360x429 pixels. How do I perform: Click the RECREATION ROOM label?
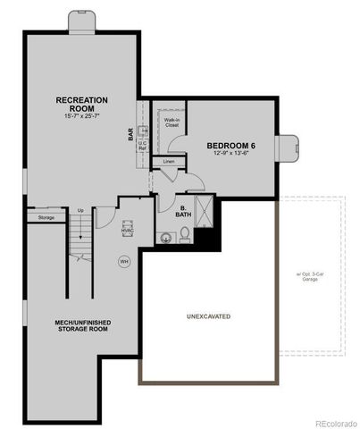click(x=82, y=104)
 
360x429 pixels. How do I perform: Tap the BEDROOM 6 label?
click(x=231, y=146)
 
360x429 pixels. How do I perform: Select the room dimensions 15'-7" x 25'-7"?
click(x=82, y=117)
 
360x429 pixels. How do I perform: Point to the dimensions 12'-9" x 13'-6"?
click(x=231, y=154)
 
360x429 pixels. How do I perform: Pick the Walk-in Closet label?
click(x=172, y=122)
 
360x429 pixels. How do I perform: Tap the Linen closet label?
click(x=169, y=162)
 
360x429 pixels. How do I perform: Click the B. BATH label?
click(x=182, y=211)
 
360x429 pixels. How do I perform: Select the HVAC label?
click(x=126, y=229)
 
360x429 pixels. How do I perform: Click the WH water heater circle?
click(x=124, y=261)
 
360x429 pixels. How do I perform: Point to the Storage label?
click(x=46, y=217)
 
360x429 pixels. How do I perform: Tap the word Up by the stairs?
click(x=81, y=211)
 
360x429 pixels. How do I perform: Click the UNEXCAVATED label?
click(x=210, y=316)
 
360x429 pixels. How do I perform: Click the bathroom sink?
click(x=164, y=238)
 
